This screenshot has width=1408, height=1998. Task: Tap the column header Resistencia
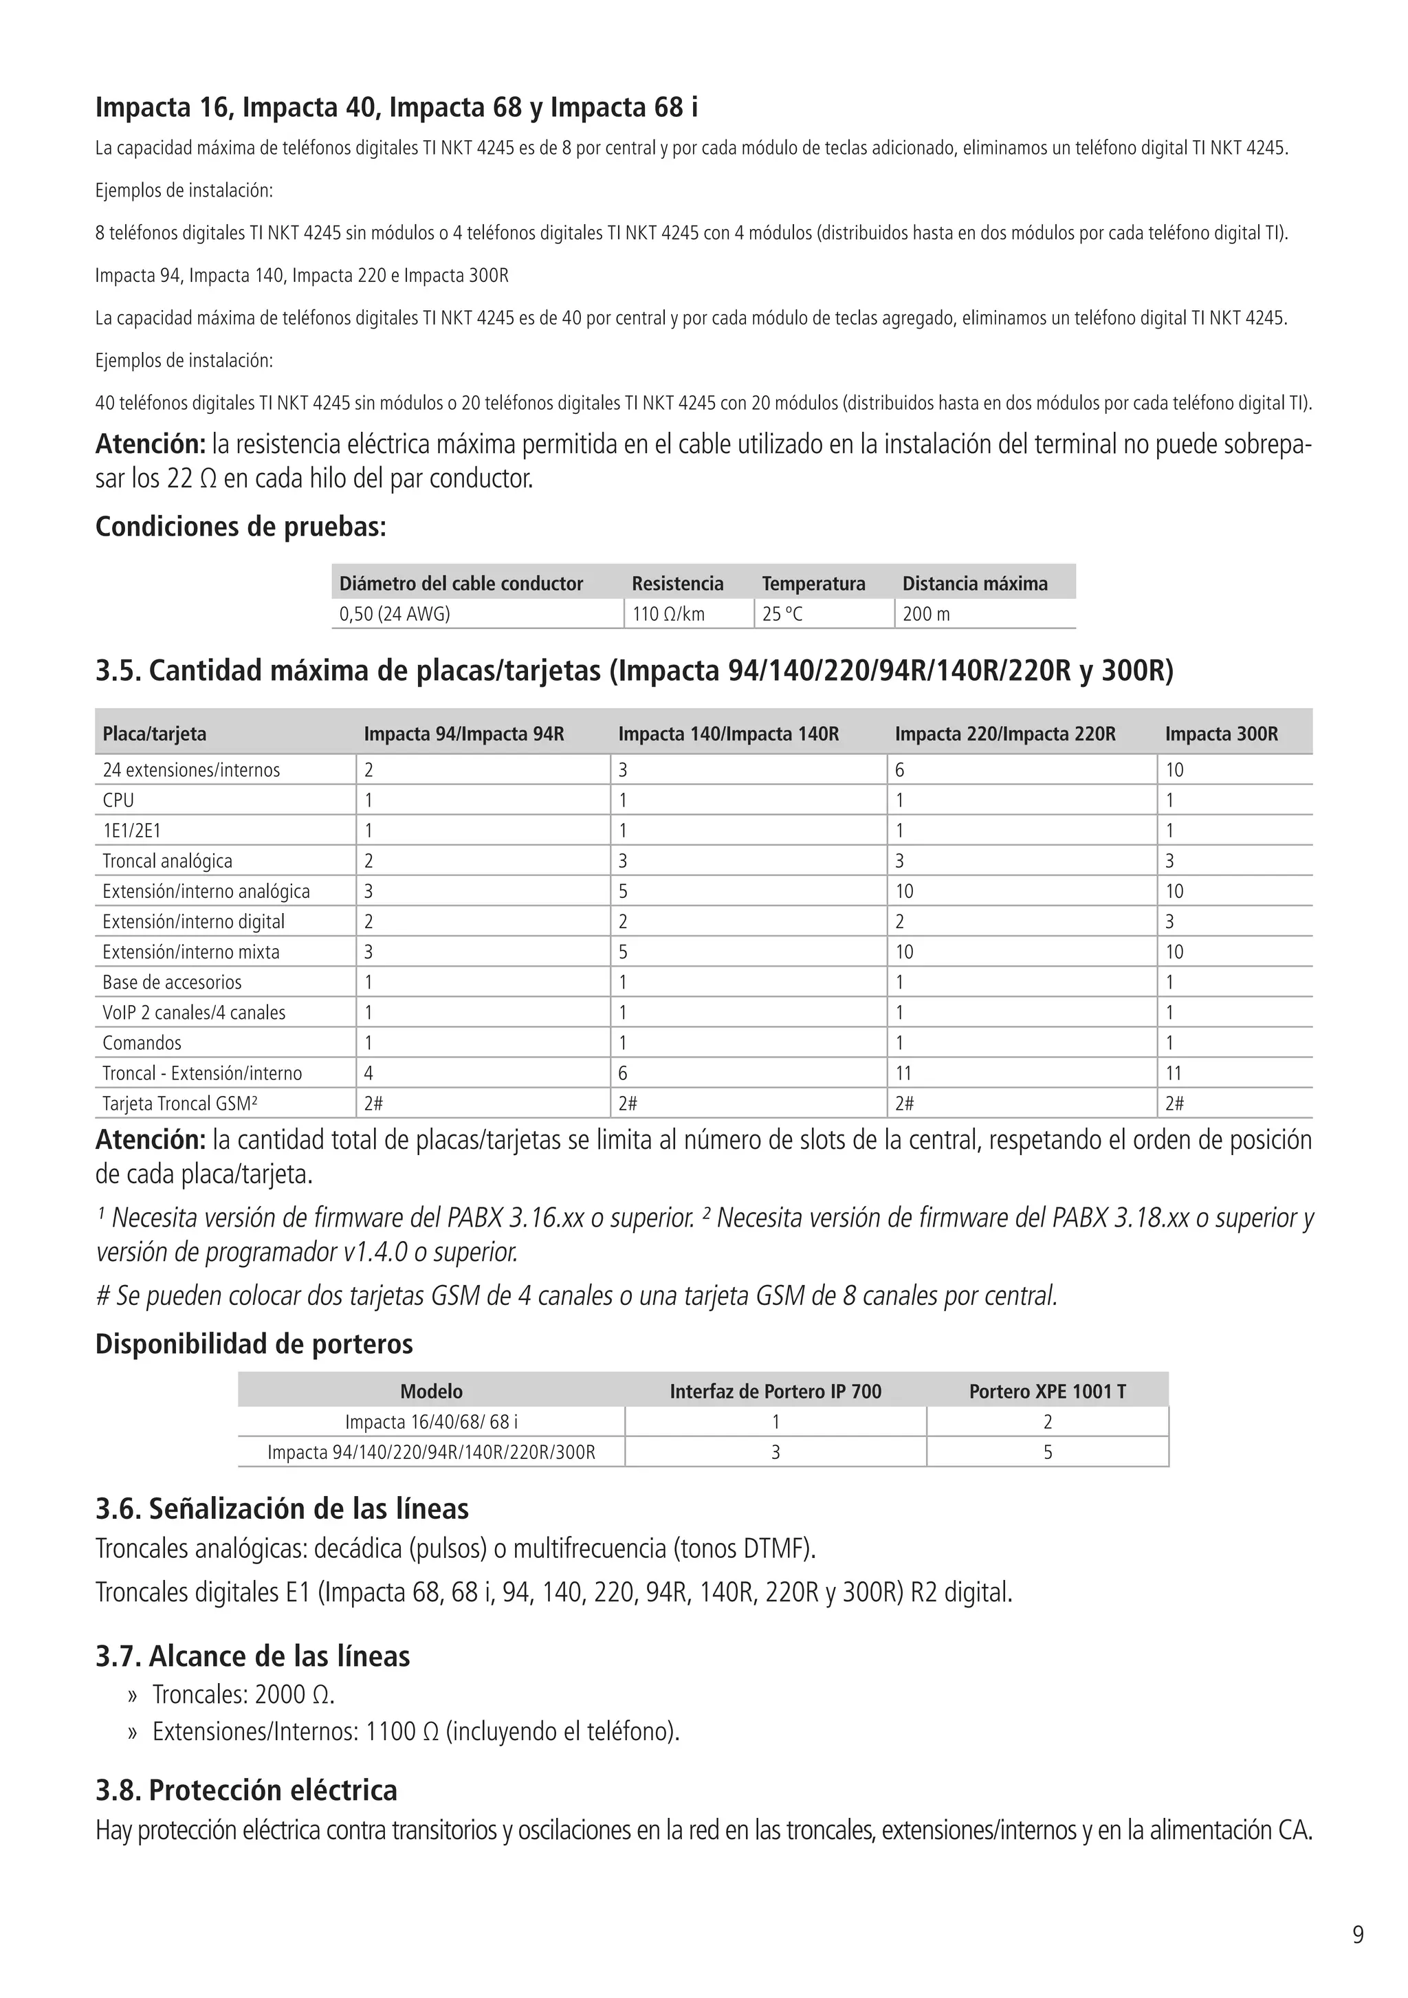click(x=677, y=583)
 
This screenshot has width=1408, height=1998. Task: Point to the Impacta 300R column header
click(x=1221, y=734)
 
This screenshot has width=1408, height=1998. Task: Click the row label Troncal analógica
click(x=167, y=861)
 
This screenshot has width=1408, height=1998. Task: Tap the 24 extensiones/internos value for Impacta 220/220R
click(x=900, y=769)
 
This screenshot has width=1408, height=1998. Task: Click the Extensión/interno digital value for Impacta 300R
click(x=1169, y=921)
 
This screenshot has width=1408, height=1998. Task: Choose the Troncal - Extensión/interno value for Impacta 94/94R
click(x=369, y=1073)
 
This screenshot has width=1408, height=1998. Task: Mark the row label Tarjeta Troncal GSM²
click(x=179, y=1104)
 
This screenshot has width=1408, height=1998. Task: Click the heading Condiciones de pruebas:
click(x=240, y=527)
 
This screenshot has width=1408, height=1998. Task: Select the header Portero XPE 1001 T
click(x=1047, y=1392)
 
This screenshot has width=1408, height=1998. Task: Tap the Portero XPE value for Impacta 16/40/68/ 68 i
click(x=1047, y=1422)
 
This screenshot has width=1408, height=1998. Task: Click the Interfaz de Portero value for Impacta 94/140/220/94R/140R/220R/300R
click(x=775, y=1452)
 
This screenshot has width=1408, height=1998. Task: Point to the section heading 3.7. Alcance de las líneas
click(x=252, y=1655)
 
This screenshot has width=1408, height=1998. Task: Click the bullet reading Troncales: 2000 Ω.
click(x=243, y=1694)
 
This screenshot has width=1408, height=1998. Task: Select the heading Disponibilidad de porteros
click(x=254, y=1343)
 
